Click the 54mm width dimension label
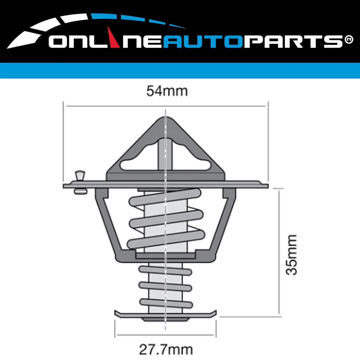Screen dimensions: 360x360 167,91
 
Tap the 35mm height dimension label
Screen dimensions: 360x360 291,255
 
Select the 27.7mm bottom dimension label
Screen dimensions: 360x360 166,350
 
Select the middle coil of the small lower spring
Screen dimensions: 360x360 165,286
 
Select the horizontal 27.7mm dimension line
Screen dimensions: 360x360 166,335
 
